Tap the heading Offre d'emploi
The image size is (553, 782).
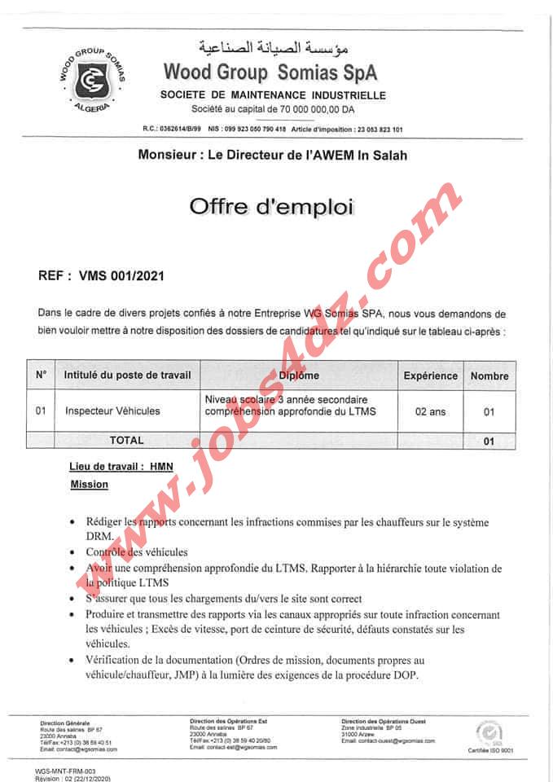272,206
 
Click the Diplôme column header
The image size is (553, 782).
299,376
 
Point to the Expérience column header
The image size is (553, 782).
431,376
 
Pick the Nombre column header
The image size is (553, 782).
489,376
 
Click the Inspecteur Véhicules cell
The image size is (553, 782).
112,411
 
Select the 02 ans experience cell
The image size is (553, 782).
431,411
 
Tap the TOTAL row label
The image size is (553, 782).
127,440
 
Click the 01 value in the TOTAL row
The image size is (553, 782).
489,441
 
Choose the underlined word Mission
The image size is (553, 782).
89,485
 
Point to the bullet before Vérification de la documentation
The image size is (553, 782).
76,661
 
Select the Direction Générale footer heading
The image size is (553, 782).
66,723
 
